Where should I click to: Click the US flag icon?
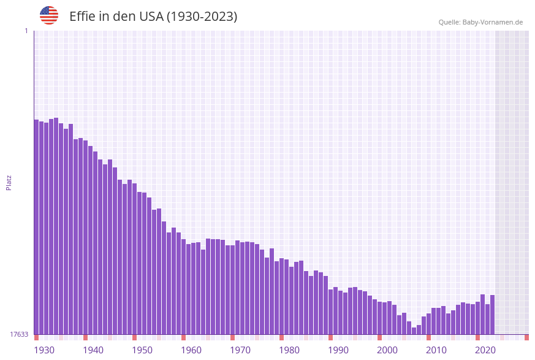tap(49, 15)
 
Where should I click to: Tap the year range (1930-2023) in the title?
tap(202, 17)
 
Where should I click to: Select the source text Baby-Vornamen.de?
tap(493, 22)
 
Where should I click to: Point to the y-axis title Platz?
tap(9, 182)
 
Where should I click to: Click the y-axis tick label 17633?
tap(20, 334)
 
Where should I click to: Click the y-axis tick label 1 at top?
tap(26, 31)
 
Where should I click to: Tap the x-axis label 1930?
tap(44, 350)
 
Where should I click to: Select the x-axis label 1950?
tap(142, 350)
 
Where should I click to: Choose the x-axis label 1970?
tap(240, 350)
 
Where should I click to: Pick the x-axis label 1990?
tap(338, 350)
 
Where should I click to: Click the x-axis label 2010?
tap(436, 350)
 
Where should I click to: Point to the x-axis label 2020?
tap(485, 350)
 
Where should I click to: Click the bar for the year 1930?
tap(36, 227)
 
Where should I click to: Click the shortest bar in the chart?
tap(414, 331)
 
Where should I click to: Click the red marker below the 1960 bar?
tap(183, 337)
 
